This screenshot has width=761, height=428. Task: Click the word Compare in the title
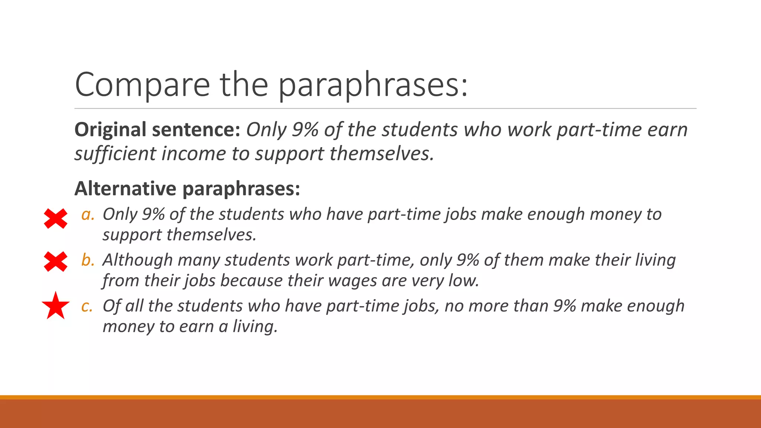(x=142, y=85)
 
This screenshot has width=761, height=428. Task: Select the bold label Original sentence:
(x=157, y=130)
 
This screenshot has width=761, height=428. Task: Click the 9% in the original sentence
(x=305, y=130)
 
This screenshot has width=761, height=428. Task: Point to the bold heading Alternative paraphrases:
(x=187, y=189)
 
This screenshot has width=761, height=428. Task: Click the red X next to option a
(x=56, y=218)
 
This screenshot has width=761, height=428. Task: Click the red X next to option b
(x=56, y=262)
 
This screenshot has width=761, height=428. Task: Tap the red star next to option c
(x=56, y=306)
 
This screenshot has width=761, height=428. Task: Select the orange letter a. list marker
(x=88, y=214)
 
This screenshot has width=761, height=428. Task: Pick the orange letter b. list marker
(x=88, y=260)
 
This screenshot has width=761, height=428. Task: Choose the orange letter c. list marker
(x=87, y=306)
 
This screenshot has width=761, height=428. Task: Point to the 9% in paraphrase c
(x=564, y=306)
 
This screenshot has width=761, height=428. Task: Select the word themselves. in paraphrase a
(x=211, y=235)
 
